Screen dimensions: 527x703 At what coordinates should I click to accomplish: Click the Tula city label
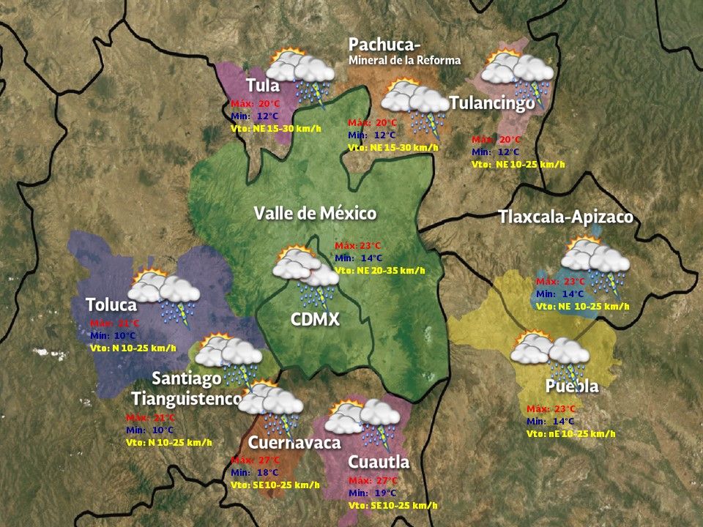(263, 84)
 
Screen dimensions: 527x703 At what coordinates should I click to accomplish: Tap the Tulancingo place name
(492, 104)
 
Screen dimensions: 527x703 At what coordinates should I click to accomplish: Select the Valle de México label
(315, 213)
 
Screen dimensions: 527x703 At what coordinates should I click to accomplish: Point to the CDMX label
(315, 319)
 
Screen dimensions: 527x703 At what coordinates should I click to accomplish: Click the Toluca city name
(111, 304)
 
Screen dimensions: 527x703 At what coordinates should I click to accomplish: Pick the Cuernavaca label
(294, 443)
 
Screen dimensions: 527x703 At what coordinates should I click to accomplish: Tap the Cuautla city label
(379, 463)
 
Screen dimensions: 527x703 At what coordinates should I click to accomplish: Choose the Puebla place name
(572, 386)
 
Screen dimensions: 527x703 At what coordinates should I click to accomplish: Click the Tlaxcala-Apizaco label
(565, 217)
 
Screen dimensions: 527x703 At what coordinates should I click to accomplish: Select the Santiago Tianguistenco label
(187, 389)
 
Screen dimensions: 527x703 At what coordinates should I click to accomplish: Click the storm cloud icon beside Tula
(300, 73)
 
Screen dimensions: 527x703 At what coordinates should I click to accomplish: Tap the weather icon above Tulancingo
(518, 73)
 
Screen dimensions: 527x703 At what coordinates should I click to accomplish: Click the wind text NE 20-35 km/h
(379, 270)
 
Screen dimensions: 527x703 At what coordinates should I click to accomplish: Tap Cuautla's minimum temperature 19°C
(373, 493)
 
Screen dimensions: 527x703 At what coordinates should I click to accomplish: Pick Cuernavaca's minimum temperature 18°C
(256, 472)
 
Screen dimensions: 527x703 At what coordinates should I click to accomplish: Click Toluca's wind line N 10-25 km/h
(133, 348)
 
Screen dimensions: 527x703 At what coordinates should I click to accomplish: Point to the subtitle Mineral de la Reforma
(405, 61)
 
